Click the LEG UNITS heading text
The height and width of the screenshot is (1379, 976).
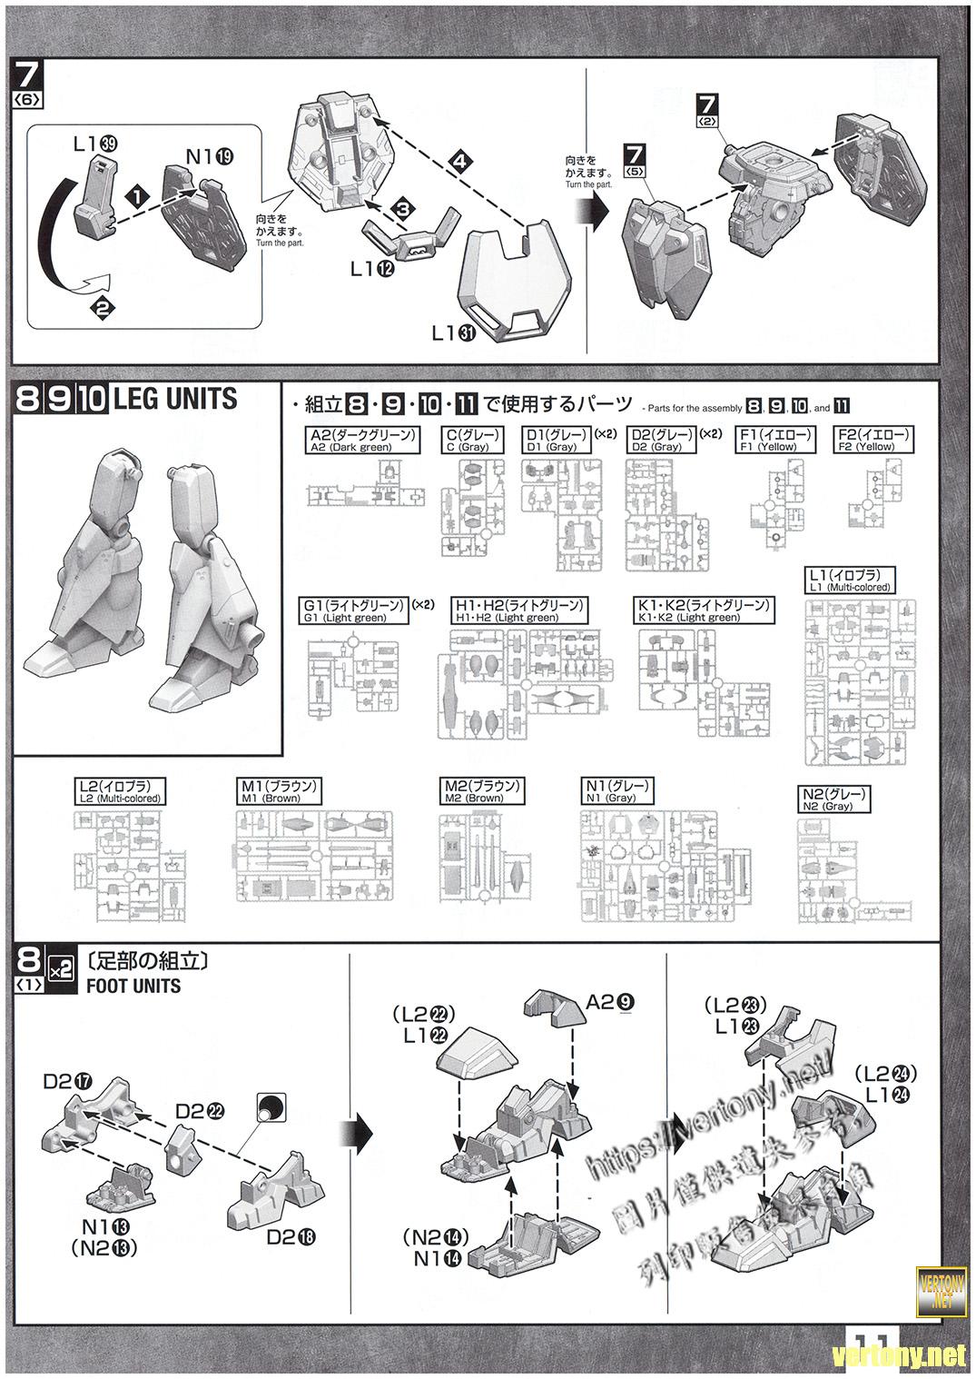point(174,399)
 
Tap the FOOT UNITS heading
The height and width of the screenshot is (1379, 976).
point(133,986)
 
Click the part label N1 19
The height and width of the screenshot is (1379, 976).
point(210,156)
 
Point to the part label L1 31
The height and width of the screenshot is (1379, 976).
point(455,332)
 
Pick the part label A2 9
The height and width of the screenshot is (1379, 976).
point(610,1002)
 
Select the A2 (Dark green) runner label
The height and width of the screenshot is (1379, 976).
point(362,441)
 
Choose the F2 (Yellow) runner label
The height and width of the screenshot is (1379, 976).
point(874,441)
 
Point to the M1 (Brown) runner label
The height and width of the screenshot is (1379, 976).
point(279,791)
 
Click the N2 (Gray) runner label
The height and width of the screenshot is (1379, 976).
point(834,799)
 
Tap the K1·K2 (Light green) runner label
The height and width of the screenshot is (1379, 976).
point(705,610)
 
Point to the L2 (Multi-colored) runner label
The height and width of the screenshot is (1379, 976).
point(120,791)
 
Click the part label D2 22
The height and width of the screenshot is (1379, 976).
point(199,1111)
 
